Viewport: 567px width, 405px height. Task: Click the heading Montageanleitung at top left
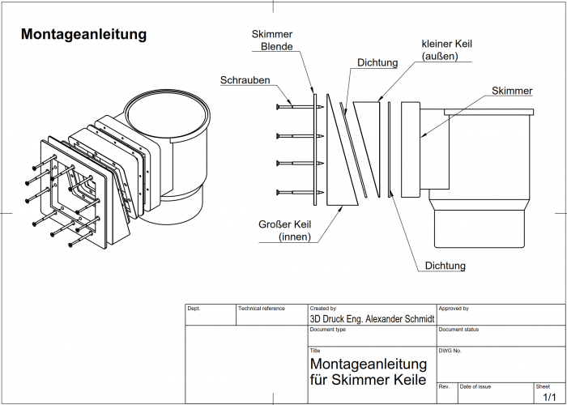coord(83,34)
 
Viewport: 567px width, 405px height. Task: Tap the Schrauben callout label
coord(245,80)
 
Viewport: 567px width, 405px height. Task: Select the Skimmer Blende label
coord(271,40)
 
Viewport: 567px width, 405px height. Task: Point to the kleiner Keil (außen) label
coord(446,49)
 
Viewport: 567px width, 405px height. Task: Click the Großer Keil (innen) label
coord(284,230)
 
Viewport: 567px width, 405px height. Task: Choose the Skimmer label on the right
coord(512,91)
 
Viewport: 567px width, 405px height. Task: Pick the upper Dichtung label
coord(377,62)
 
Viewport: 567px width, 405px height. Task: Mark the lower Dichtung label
coord(445,265)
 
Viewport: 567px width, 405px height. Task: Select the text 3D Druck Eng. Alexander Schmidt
coord(373,319)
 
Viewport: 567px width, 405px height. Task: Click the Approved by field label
coord(454,309)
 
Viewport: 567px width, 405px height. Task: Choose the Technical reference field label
coord(262,309)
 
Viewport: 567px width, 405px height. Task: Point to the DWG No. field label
coord(450,351)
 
